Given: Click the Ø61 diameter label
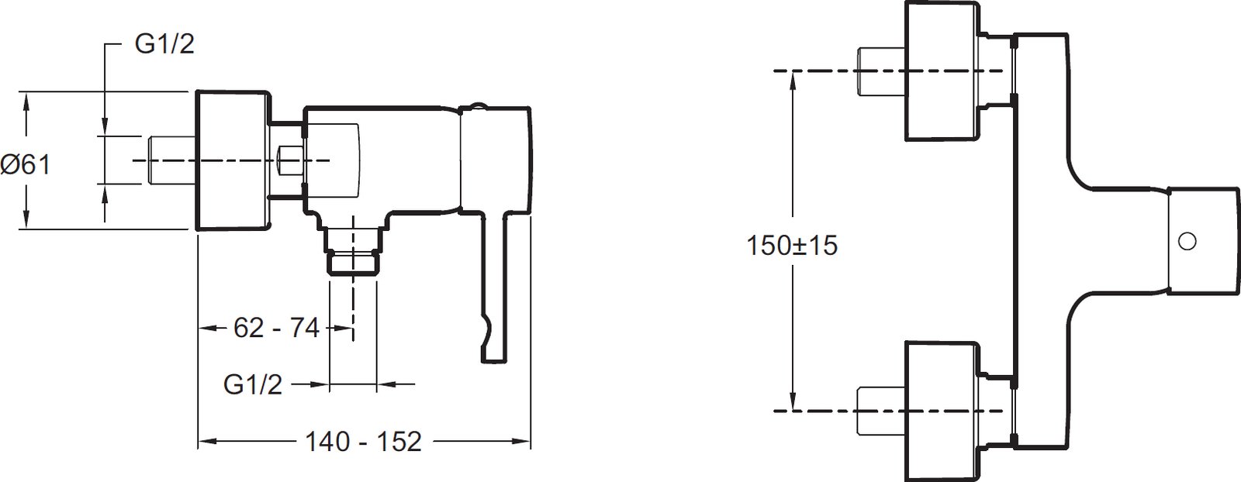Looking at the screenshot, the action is [x=26, y=164].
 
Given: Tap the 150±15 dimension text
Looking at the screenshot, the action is [x=792, y=245].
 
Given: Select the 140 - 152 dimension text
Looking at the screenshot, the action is [x=364, y=442].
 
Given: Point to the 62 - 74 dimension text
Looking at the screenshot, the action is [x=276, y=328].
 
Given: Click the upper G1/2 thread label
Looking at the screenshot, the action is [x=164, y=43].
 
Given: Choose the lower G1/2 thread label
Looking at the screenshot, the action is [x=253, y=384].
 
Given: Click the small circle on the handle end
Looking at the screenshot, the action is [x=1187, y=256].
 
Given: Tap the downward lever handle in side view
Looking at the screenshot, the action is [x=495, y=287].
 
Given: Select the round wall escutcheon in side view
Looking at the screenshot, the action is [x=233, y=160].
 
